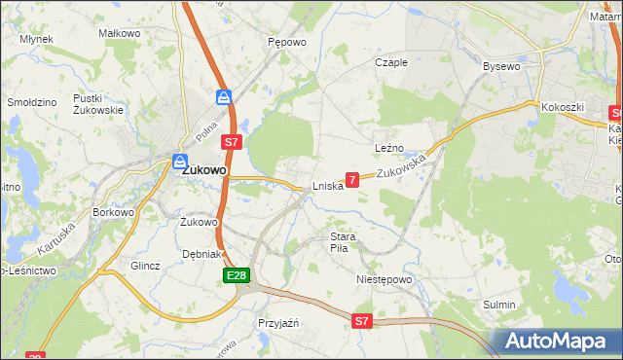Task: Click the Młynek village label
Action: coord(36,40)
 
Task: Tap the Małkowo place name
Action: coord(117,33)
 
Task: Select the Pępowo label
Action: coord(287,43)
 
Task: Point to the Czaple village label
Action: coord(391,62)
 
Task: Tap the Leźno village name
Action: coord(389,148)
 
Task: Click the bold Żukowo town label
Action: coord(205,169)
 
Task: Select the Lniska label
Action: coord(327,186)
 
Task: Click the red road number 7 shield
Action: coord(352,179)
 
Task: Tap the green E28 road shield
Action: coord(235,277)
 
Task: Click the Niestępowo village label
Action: coord(385,279)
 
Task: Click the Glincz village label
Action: coord(145,266)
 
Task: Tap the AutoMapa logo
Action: coord(556,341)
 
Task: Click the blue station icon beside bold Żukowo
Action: coord(181,162)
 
